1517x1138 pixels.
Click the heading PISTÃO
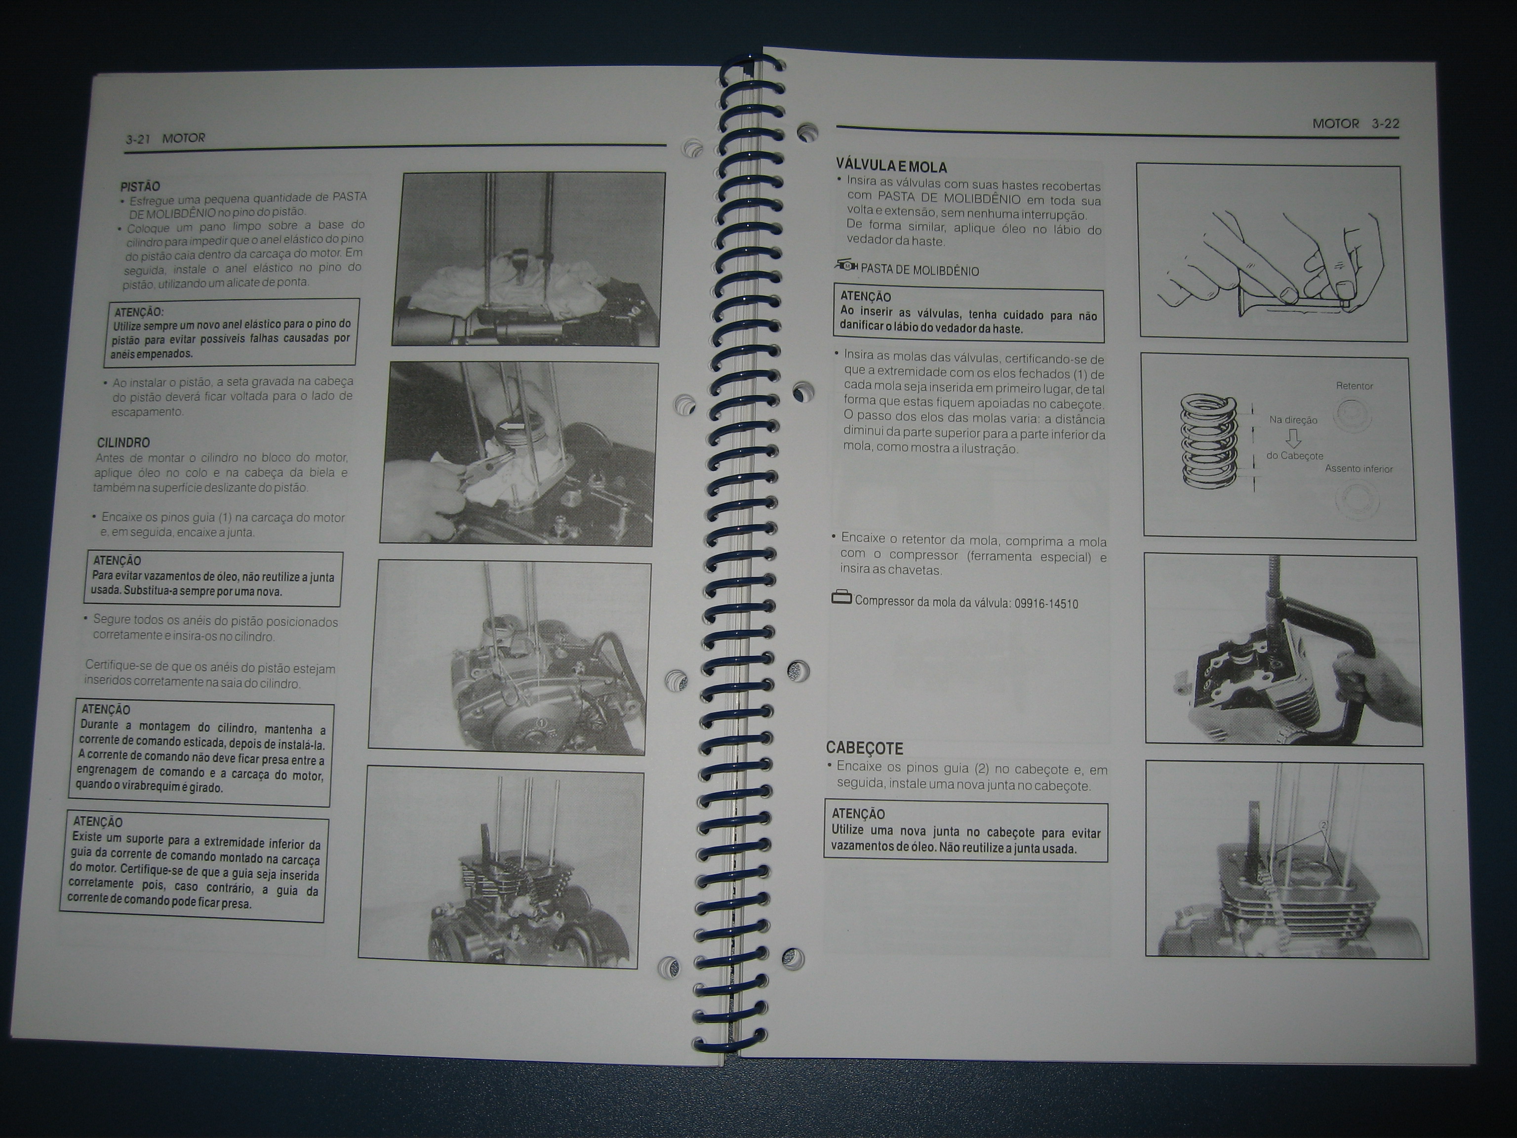[x=140, y=187]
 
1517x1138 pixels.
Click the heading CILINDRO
[x=123, y=443]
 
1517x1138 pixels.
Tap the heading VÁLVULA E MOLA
[x=891, y=166]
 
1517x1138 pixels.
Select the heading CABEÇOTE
[x=864, y=748]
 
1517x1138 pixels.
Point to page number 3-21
[x=137, y=139]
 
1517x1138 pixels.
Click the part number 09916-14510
[x=1046, y=604]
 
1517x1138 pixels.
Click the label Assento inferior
[x=1358, y=469]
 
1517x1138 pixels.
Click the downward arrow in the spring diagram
[x=1293, y=437]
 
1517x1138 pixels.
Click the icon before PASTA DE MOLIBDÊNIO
[x=845, y=265]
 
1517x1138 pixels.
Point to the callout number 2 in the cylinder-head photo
[x=1323, y=826]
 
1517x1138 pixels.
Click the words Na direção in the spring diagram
[x=1293, y=420]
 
